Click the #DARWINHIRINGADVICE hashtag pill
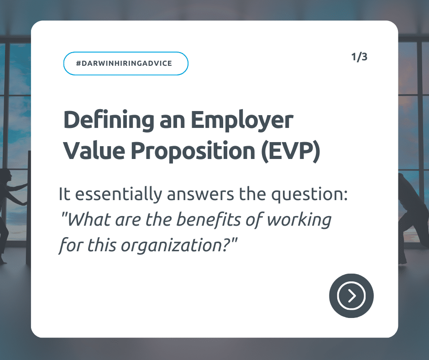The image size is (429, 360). [x=126, y=64]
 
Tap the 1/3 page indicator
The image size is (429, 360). [x=359, y=57]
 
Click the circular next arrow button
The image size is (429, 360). [x=351, y=296]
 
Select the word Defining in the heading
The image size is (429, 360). [x=109, y=120]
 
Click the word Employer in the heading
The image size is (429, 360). [x=242, y=121]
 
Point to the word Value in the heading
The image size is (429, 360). [x=94, y=150]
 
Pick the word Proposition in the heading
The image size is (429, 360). [x=193, y=151]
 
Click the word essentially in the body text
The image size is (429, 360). [x=119, y=195]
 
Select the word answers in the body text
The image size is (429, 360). [x=200, y=195]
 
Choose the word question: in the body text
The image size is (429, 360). [x=309, y=195]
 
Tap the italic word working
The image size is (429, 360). [x=299, y=221]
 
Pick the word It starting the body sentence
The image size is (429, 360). [x=64, y=194]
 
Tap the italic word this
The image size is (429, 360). [x=102, y=245]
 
